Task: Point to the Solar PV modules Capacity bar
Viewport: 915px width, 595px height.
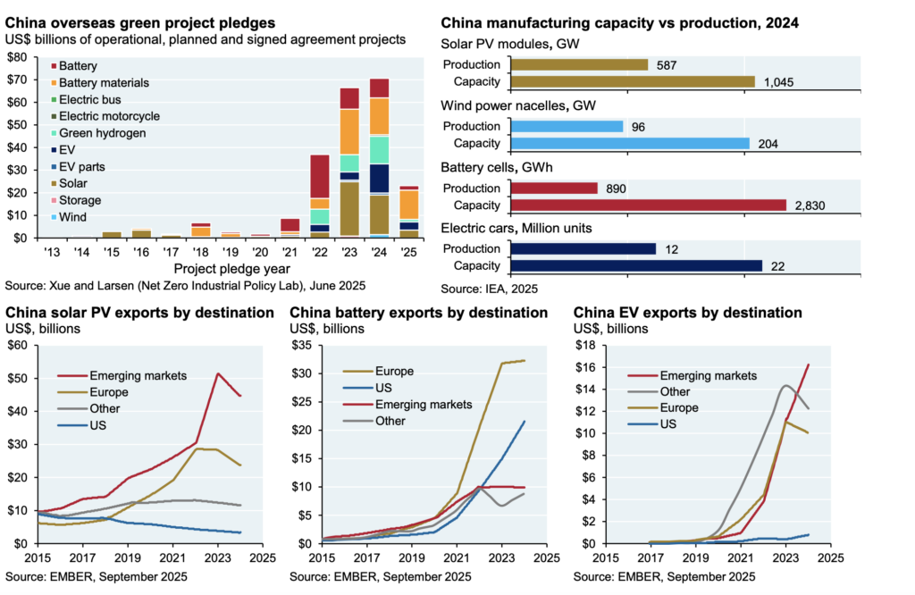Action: pyautogui.click(x=634, y=81)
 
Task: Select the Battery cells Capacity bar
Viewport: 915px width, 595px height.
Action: pyautogui.click(x=648, y=205)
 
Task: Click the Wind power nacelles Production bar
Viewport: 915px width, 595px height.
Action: pyautogui.click(x=567, y=126)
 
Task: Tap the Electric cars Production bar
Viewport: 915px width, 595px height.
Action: pyautogui.click(x=583, y=248)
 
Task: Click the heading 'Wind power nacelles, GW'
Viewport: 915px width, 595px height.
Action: pyautogui.click(x=518, y=106)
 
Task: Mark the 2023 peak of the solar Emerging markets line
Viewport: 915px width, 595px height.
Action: pyautogui.click(x=218, y=373)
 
